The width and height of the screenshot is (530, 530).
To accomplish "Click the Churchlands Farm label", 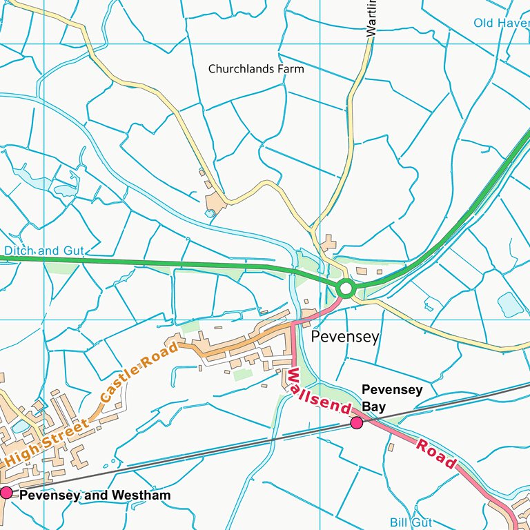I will point(256,69).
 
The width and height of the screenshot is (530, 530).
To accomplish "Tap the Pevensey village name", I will point(345,337).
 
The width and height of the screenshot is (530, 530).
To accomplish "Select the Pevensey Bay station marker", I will point(357,422).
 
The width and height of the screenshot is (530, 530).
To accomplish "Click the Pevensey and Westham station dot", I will point(7,492).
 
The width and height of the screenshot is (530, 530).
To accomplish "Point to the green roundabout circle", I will point(346,288).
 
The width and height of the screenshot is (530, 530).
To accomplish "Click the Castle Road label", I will point(138,371).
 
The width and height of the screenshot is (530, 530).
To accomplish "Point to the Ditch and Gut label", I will point(41,251).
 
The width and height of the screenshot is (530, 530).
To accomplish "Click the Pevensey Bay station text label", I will point(392,398).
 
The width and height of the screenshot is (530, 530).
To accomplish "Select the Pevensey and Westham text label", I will point(95,495).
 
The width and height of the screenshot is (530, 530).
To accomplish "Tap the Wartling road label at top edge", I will point(372,18).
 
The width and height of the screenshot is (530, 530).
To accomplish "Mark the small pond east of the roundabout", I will point(510,304).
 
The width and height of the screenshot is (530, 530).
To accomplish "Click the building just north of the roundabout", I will point(328,242).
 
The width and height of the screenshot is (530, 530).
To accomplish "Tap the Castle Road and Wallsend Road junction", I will point(293,323).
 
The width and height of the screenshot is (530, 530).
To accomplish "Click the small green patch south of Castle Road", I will point(242,375).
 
